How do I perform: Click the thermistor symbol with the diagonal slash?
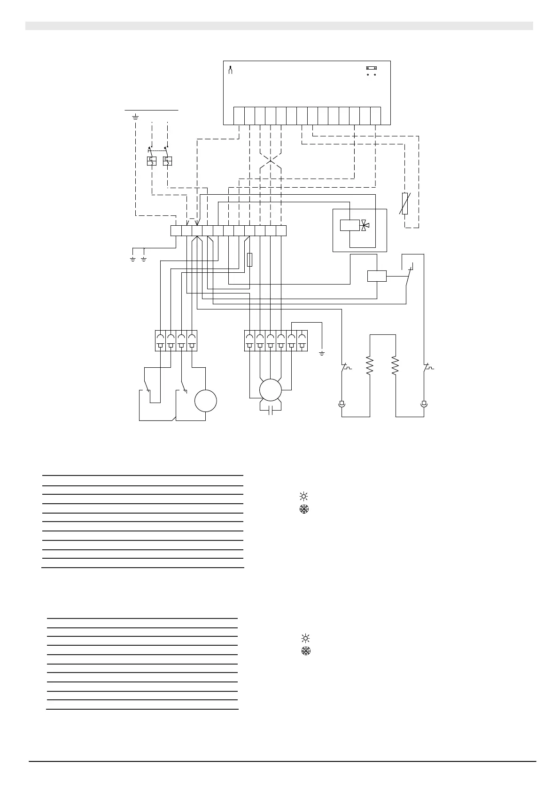405,204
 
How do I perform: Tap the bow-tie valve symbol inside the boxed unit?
365,225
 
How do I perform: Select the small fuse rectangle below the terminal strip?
249,260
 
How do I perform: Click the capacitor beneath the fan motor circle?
270,411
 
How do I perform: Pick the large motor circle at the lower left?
206,401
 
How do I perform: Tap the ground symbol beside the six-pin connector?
322,353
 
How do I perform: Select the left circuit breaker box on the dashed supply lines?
151,161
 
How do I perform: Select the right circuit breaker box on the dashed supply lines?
167,161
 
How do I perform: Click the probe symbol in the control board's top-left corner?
230,71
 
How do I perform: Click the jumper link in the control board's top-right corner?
371,68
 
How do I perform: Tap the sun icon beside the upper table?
303,496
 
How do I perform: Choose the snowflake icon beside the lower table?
306,651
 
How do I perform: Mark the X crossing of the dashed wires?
270,162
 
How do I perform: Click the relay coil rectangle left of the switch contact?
377,276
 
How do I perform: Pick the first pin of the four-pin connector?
160,341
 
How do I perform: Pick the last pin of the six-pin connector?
302,341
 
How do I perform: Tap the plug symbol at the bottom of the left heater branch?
342,404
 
